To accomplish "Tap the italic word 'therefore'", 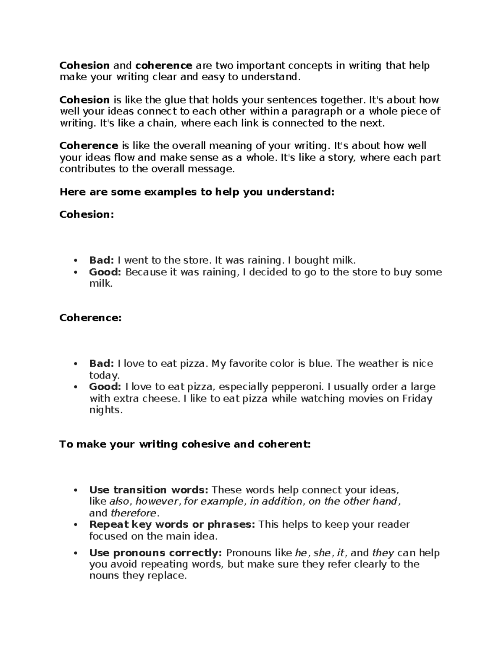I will point(133,513).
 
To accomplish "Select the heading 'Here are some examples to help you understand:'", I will point(197,192).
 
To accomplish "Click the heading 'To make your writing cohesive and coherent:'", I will point(185,444).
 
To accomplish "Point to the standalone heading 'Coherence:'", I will point(90,318).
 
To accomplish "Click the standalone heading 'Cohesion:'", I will point(87,215).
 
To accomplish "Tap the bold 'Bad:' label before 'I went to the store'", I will point(101,261).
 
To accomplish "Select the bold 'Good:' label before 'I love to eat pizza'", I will point(105,387).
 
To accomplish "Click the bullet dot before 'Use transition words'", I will point(76,490).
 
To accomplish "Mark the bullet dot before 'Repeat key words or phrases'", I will point(76,525).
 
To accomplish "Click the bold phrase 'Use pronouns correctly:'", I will point(155,553).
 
